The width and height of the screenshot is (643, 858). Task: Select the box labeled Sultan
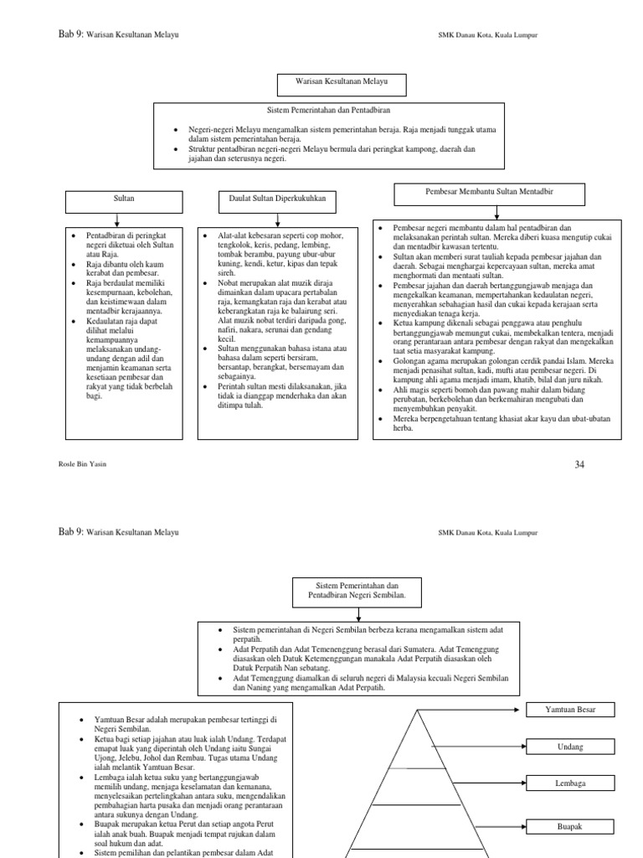pyautogui.click(x=124, y=201)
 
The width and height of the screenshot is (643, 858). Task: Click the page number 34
pyautogui.click(x=579, y=463)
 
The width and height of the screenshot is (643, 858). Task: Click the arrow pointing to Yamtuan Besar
pyautogui.click(x=473, y=710)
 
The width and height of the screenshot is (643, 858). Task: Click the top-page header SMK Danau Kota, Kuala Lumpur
pyautogui.click(x=487, y=35)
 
